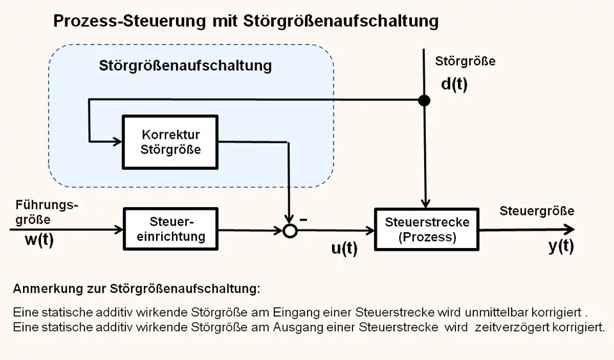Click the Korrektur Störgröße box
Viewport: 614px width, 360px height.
coord(169,143)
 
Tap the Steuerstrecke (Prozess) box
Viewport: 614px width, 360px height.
coord(427,230)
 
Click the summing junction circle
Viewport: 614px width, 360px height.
coord(290,231)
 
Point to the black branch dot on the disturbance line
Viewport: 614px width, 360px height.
coord(423,100)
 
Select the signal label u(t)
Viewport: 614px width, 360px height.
coord(344,249)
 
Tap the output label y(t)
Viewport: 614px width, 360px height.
coord(561,246)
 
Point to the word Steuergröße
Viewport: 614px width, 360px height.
coord(537,211)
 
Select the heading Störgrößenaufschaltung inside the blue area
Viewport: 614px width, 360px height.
coord(185,66)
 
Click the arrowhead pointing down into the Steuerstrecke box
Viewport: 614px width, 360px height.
coord(424,203)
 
